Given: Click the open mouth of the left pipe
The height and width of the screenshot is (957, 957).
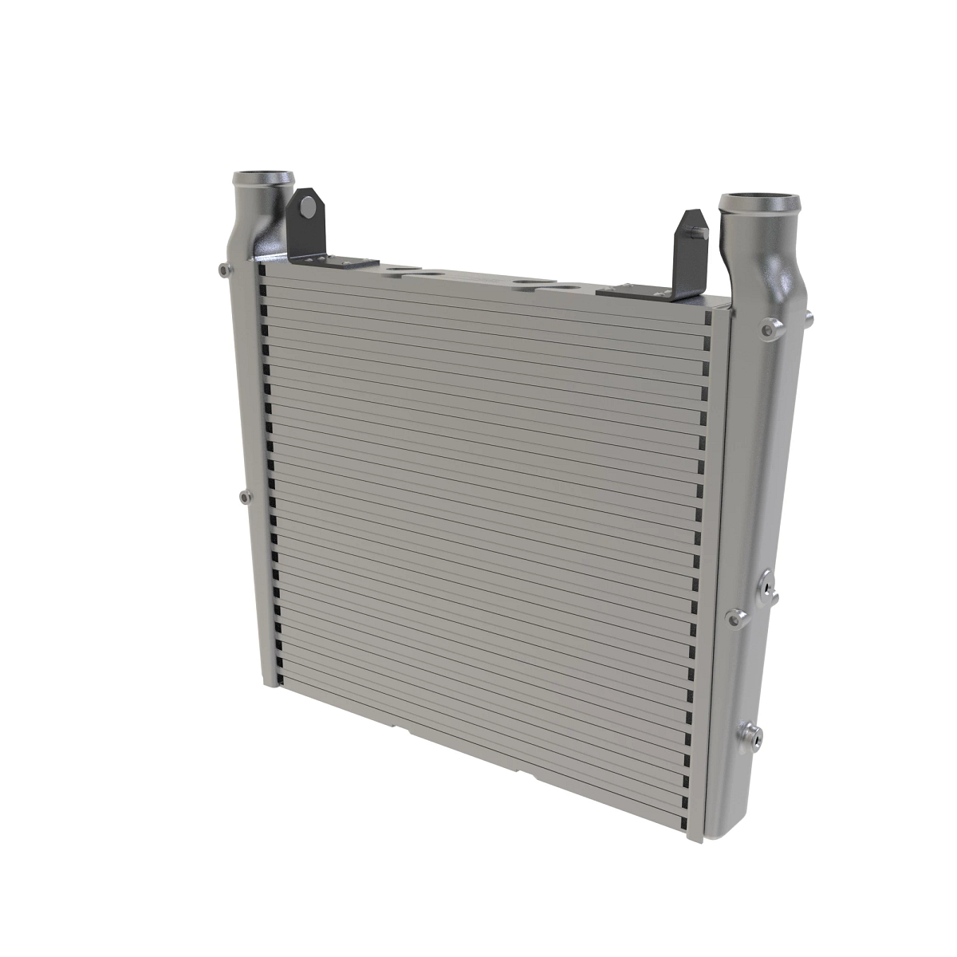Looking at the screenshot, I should [x=262, y=177].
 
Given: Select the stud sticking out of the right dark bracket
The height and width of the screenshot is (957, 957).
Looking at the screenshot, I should [x=699, y=232].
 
